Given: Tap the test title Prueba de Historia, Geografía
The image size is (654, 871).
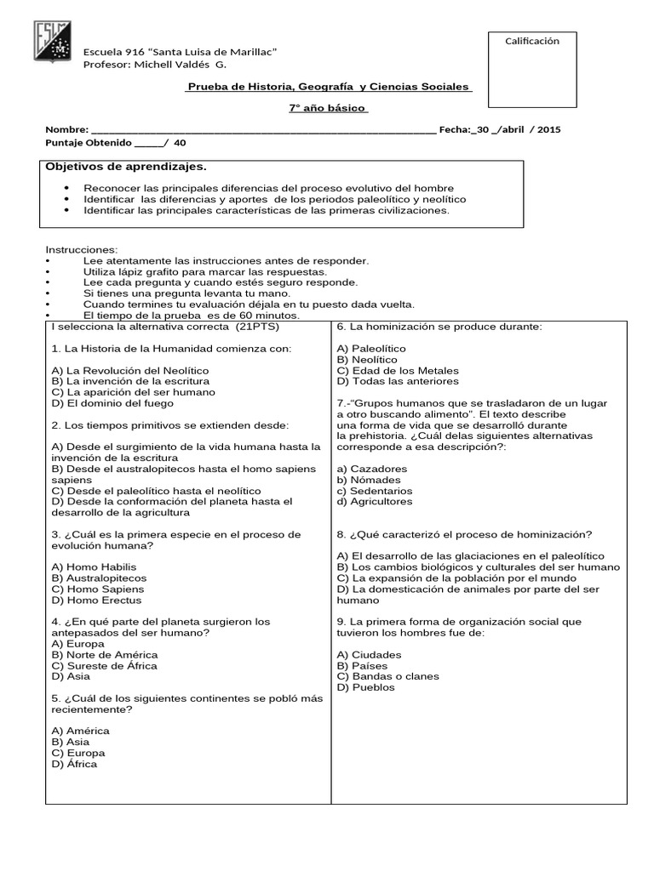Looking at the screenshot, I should click(x=329, y=88).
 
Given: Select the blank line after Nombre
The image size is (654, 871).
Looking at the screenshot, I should click(x=255, y=130).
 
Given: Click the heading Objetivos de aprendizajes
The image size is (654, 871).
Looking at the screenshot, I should click(x=125, y=167).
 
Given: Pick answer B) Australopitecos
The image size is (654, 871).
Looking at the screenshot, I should click(x=99, y=578).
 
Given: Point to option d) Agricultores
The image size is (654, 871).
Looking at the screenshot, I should click(x=375, y=502).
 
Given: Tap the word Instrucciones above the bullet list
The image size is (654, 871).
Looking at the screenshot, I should click(x=81, y=249).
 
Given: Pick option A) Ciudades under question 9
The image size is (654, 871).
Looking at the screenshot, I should click(x=370, y=654).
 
